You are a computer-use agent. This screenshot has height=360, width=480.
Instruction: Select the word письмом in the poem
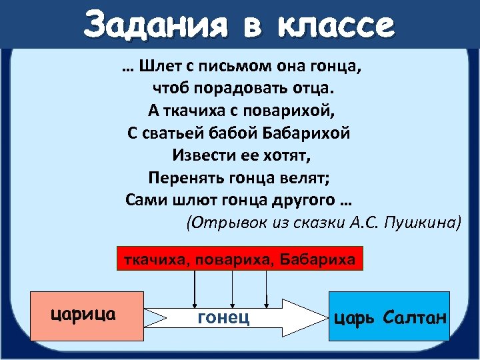[230, 67]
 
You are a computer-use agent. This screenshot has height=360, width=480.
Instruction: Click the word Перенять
[179, 177]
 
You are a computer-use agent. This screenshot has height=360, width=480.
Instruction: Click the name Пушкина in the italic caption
[425, 223]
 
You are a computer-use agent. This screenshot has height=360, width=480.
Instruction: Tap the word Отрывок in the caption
[223, 223]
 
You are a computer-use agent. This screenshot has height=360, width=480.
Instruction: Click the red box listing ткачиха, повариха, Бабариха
[240, 259]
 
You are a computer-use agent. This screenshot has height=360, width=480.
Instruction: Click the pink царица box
[87, 313]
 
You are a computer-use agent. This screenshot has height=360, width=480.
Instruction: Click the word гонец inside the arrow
[224, 317]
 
